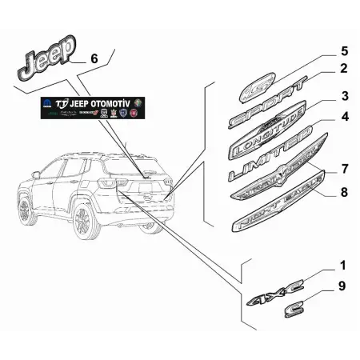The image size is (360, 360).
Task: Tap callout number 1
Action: click(x=322, y=266)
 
